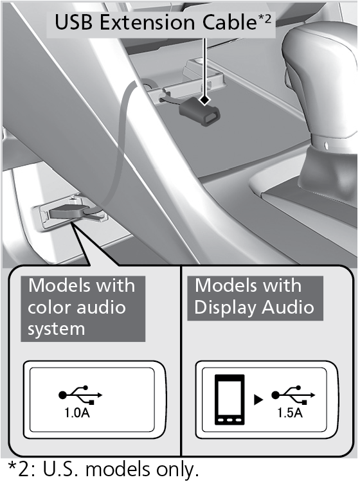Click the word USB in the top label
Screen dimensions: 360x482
(73, 22)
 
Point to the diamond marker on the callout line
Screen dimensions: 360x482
(204, 100)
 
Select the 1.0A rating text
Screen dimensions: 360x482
(77, 413)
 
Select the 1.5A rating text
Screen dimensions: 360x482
(290, 413)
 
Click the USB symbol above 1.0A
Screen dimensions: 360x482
(80, 395)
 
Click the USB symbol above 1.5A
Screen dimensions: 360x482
(293, 395)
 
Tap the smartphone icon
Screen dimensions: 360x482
(230, 399)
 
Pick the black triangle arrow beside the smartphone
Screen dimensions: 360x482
(258, 400)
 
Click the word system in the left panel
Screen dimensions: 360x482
(57, 329)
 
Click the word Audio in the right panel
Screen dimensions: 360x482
(288, 307)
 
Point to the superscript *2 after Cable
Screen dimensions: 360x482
(264, 19)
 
